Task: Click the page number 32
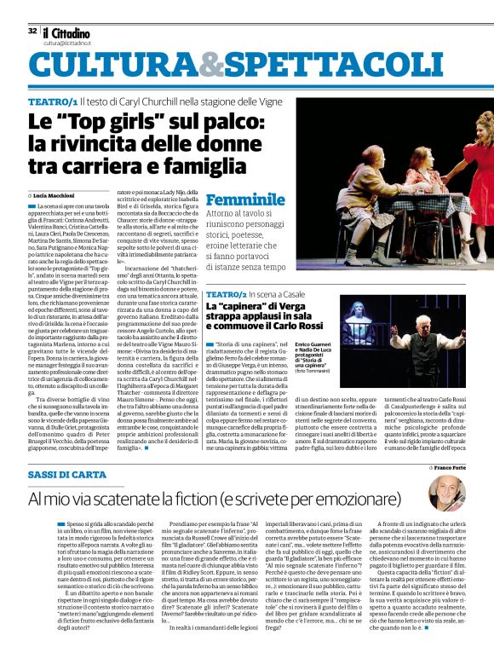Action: pos(32,30)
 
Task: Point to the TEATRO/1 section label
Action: pos(54,101)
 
